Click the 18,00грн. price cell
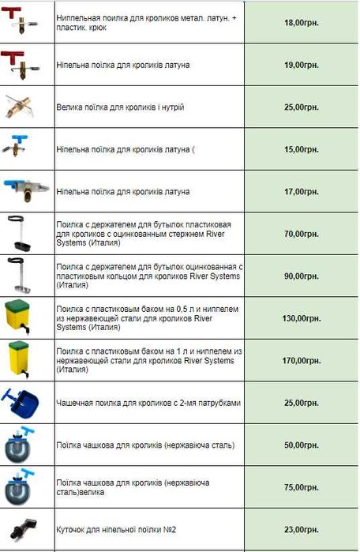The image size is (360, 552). coord(301,24)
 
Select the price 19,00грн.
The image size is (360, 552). coord(301,65)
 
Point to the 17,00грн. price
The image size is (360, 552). coord(301,192)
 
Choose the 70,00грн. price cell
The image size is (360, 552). coord(301,234)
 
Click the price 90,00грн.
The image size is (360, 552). coord(301,276)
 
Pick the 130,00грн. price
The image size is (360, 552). coord(301,318)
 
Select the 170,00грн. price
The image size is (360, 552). coord(301,361)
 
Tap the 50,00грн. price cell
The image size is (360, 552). coord(301,445)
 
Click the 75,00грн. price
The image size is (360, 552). coord(301,488)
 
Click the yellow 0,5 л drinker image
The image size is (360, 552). coord(18,317)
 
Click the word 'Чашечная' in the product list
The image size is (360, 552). coord(76,404)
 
